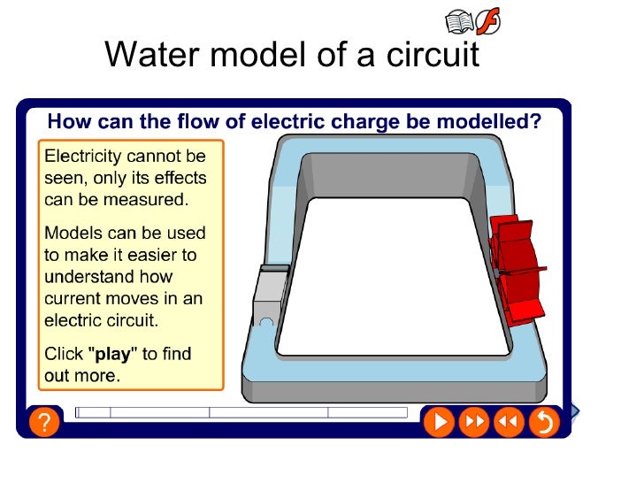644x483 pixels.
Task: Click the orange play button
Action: (439, 422)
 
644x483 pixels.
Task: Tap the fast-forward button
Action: (474, 422)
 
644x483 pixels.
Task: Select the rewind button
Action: (509, 422)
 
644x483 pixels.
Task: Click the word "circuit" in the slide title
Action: (433, 56)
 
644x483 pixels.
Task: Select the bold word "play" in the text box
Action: (112, 355)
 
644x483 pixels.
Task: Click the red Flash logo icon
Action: (487, 21)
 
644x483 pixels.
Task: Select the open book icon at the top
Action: (459, 21)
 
